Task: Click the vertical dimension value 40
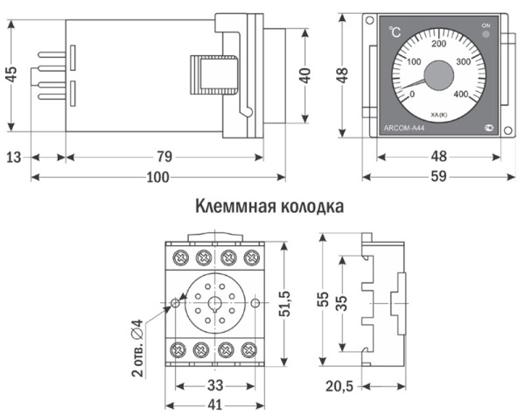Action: (x=304, y=74)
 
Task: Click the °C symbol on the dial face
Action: (x=396, y=32)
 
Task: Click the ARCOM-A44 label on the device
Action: (x=404, y=128)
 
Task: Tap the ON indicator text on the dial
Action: (x=486, y=27)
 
